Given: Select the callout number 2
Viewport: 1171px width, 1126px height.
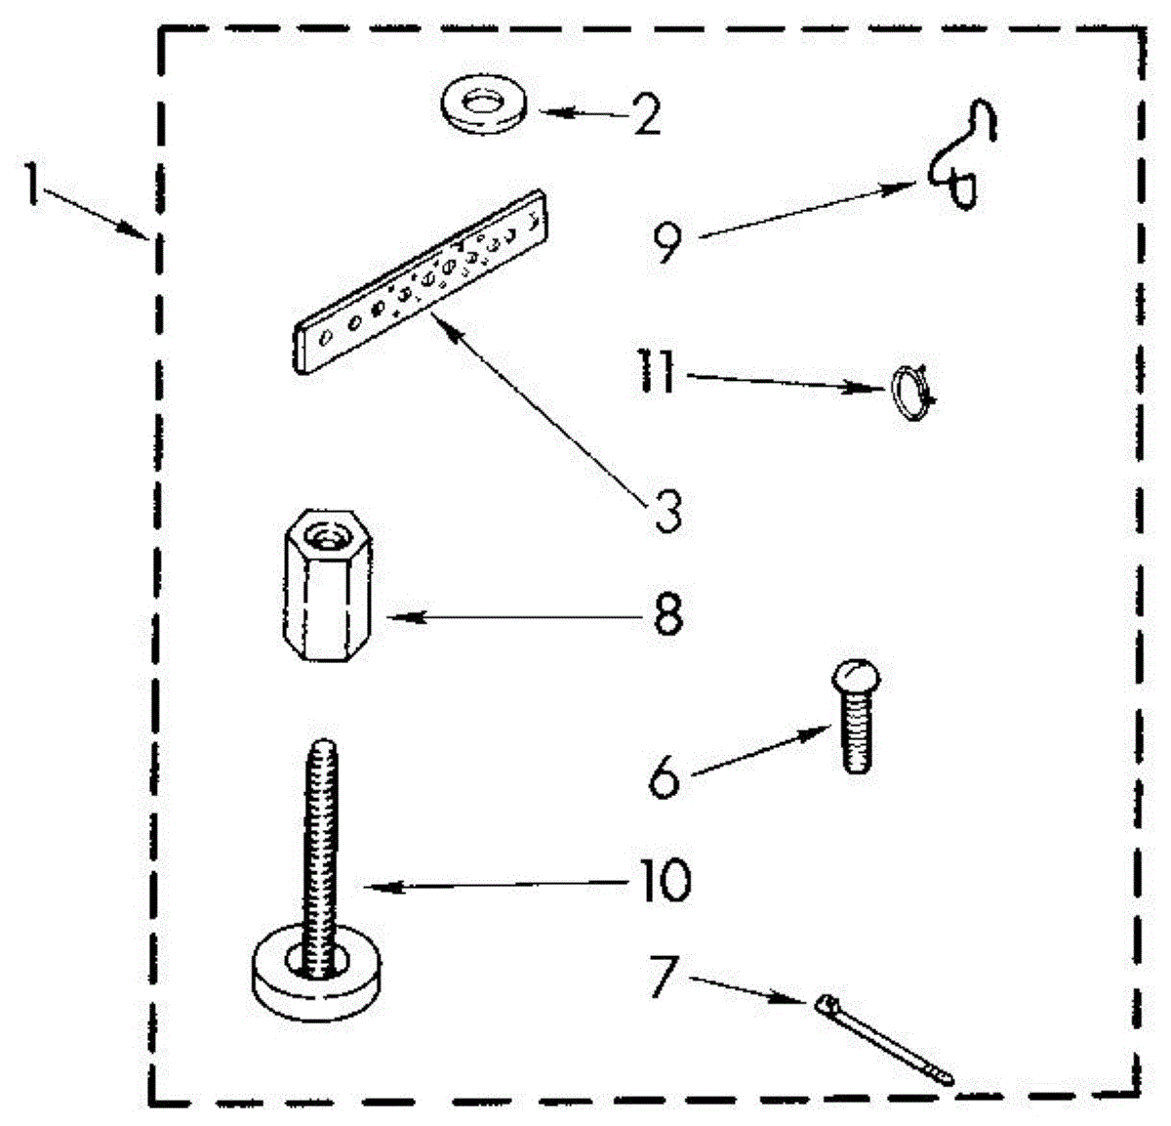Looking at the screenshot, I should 645,115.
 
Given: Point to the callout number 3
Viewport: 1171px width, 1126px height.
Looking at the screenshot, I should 667,510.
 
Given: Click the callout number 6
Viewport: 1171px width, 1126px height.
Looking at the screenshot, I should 664,778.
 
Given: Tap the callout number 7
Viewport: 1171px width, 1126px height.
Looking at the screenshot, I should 664,975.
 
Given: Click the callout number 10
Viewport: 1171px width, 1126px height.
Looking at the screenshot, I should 665,881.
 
